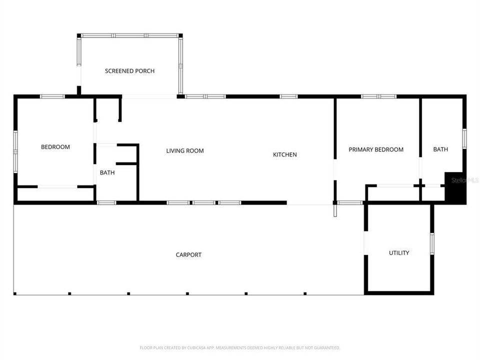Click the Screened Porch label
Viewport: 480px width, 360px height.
coord(129,71)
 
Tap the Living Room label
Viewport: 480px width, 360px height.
coord(185,150)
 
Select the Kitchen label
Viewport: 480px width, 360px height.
coord(284,154)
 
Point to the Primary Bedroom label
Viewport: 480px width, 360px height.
coord(375,149)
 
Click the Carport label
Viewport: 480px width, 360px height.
coord(188,255)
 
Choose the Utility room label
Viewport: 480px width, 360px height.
coord(399,253)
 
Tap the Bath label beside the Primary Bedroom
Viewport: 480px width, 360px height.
coord(440,149)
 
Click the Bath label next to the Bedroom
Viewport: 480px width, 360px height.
coord(107,173)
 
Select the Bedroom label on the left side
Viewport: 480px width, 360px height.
coord(55,147)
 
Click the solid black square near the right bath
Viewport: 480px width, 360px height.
coord(455,188)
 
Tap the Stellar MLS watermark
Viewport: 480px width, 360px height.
coord(465,179)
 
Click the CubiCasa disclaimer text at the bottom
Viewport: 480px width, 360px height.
coord(240,347)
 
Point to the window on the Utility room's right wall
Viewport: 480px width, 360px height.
coord(432,243)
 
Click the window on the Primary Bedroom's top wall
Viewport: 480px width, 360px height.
coord(378,96)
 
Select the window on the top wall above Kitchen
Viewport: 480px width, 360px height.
coord(288,96)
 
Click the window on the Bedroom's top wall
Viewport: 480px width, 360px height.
coord(52,96)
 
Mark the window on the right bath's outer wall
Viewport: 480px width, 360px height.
coord(464,138)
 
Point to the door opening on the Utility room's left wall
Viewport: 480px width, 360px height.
coord(365,243)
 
